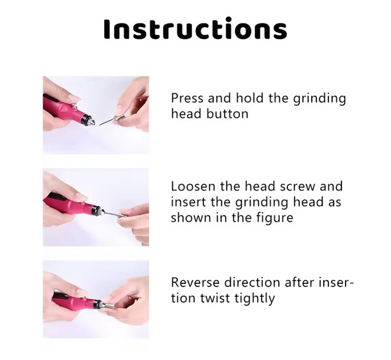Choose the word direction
(249, 283)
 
